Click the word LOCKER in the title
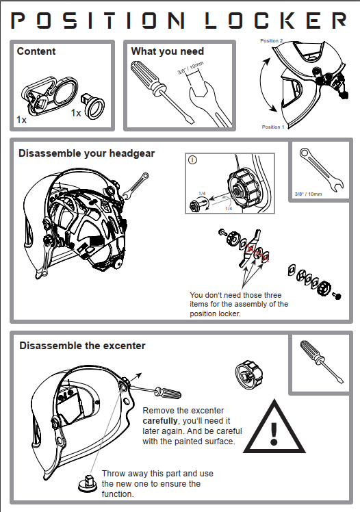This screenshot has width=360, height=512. (276, 21)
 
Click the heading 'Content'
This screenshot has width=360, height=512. (36, 51)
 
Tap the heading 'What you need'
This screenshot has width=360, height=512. (168, 51)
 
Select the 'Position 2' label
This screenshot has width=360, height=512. (271, 41)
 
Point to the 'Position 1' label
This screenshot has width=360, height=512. (273, 127)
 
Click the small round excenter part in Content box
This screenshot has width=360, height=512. (92, 105)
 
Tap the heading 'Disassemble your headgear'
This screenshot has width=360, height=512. (86, 153)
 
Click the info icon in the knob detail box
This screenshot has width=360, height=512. (192, 160)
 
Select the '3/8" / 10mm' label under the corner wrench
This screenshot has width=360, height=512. (308, 194)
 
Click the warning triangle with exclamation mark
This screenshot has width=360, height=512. (274, 426)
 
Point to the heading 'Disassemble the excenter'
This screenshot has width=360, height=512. (82, 346)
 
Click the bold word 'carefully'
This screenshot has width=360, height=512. (160, 421)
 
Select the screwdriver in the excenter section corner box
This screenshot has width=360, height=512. (322, 361)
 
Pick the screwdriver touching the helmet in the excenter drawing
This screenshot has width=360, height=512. (153, 390)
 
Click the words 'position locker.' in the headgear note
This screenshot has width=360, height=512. (215, 313)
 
